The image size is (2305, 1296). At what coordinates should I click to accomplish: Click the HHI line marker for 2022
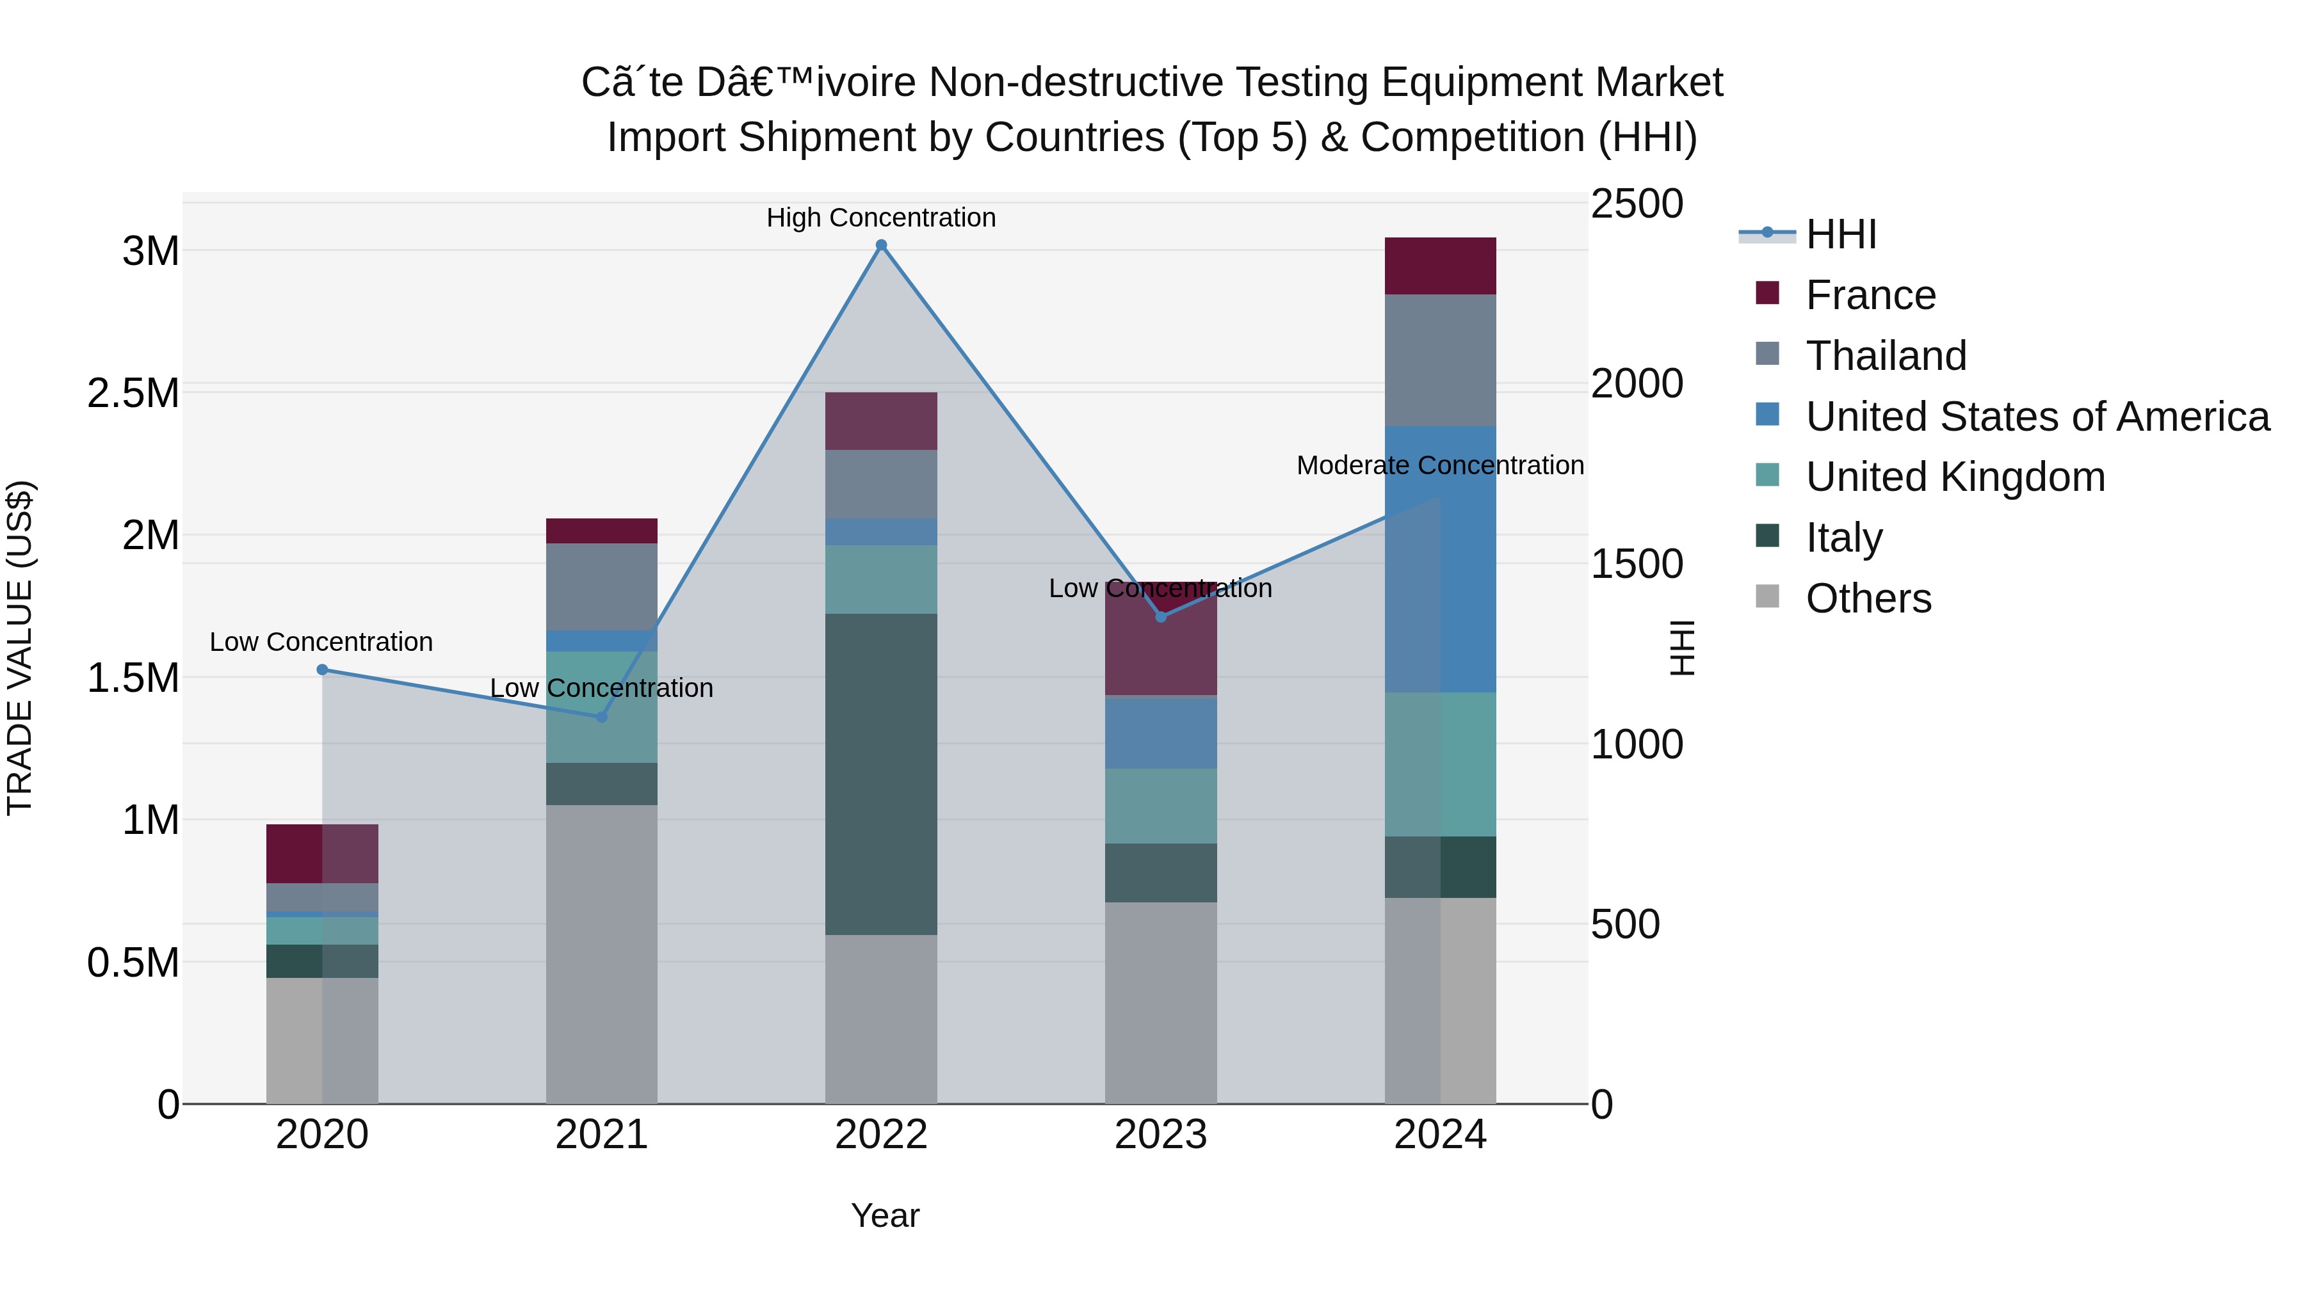click(x=882, y=245)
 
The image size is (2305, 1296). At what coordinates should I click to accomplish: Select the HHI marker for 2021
click(x=601, y=716)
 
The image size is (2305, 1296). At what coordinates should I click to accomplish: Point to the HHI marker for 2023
click(x=1161, y=616)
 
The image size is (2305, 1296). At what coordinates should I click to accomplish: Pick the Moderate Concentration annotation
click(x=1440, y=465)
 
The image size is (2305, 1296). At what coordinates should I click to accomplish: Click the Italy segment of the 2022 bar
click(x=882, y=774)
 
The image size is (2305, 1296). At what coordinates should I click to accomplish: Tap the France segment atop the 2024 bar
click(x=1441, y=266)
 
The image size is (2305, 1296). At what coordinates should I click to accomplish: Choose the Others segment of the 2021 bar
click(x=601, y=954)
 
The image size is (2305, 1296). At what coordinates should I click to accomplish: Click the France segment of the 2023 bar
click(x=1161, y=653)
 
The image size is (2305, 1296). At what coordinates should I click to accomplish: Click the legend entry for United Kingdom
click(x=1955, y=477)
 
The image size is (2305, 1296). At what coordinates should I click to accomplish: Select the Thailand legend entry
click(x=1886, y=355)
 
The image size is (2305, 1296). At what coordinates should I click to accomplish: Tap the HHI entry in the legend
click(x=1841, y=234)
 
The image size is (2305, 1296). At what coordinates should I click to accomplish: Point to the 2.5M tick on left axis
click(x=133, y=393)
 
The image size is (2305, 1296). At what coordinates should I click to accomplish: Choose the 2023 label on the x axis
click(x=1161, y=1134)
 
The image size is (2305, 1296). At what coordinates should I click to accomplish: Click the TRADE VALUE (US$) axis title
click(x=20, y=648)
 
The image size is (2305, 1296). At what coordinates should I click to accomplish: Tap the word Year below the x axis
click(x=885, y=1215)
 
